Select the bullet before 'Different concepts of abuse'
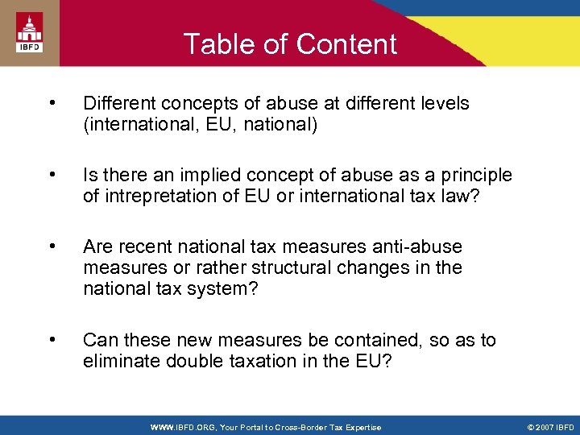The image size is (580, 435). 52,103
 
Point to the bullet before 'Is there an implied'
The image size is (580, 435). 52,175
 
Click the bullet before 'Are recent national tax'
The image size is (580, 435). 52,246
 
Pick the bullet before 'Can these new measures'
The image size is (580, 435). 52,339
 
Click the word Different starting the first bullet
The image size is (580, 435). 120,103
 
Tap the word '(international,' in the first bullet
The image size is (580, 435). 129,124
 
